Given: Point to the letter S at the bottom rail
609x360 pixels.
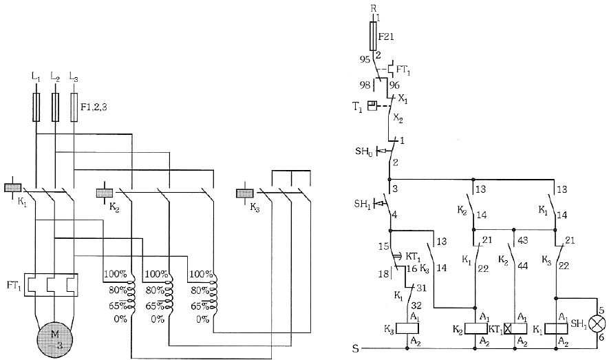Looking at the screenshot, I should [x=355, y=348].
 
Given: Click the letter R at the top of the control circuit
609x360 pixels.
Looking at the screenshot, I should [x=373, y=8].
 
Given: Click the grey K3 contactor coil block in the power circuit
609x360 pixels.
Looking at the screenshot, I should [x=245, y=193].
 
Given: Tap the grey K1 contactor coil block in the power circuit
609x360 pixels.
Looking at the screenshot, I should [x=12, y=187].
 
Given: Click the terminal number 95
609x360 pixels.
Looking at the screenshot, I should [x=365, y=59].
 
